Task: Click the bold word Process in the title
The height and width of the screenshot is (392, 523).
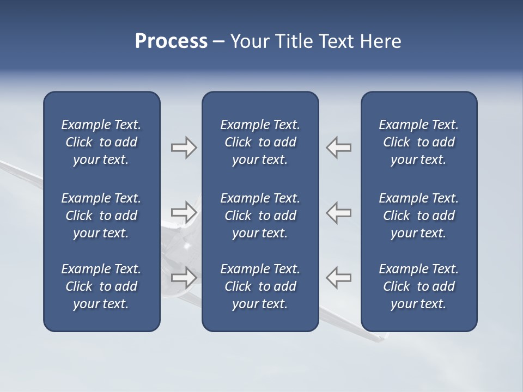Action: pyautogui.click(x=171, y=41)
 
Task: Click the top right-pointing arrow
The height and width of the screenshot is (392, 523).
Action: pyautogui.click(x=184, y=148)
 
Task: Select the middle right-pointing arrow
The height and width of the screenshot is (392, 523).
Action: pyautogui.click(x=184, y=212)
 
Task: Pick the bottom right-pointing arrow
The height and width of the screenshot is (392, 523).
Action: pyautogui.click(x=184, y=277)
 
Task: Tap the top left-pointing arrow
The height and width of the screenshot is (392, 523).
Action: pyautogui.click(x=339, y=148)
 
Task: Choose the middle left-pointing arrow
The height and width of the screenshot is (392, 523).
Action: pyautogui.click(x=339, y=212)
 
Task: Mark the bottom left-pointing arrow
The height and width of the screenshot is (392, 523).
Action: pyautogui.click(x=339, y=277)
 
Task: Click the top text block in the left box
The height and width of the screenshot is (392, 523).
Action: pyautogui.click(x=101, y=142)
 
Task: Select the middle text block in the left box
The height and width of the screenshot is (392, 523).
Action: pyautogui.click(x=101, y=216)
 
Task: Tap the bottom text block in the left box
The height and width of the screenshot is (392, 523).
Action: pyautogui.click(x=101, y=286)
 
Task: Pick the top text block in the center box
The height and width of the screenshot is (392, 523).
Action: pyautogui.click(x=260, y=142)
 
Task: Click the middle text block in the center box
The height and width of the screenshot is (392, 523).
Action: pyautogui.click(x=260, y=216)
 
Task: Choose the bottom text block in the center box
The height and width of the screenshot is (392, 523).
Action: pyautogui.click(x=260, y=286)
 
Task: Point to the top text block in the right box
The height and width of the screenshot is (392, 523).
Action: pyautogui.click(x=419, y=142)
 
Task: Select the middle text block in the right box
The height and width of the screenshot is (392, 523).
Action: pyautogui.click(x=419, y=216)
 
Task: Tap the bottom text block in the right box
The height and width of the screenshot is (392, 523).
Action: pyautogui.click(x=419, y=286)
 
